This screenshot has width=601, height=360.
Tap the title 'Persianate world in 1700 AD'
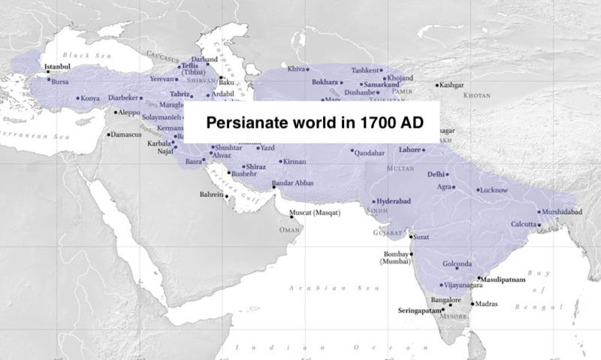(312, 123)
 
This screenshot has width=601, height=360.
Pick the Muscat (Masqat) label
(314, 213)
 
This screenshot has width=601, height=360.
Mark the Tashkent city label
(366, 70)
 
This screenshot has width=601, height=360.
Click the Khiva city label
(297, 68)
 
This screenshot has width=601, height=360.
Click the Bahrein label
(210, 195)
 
